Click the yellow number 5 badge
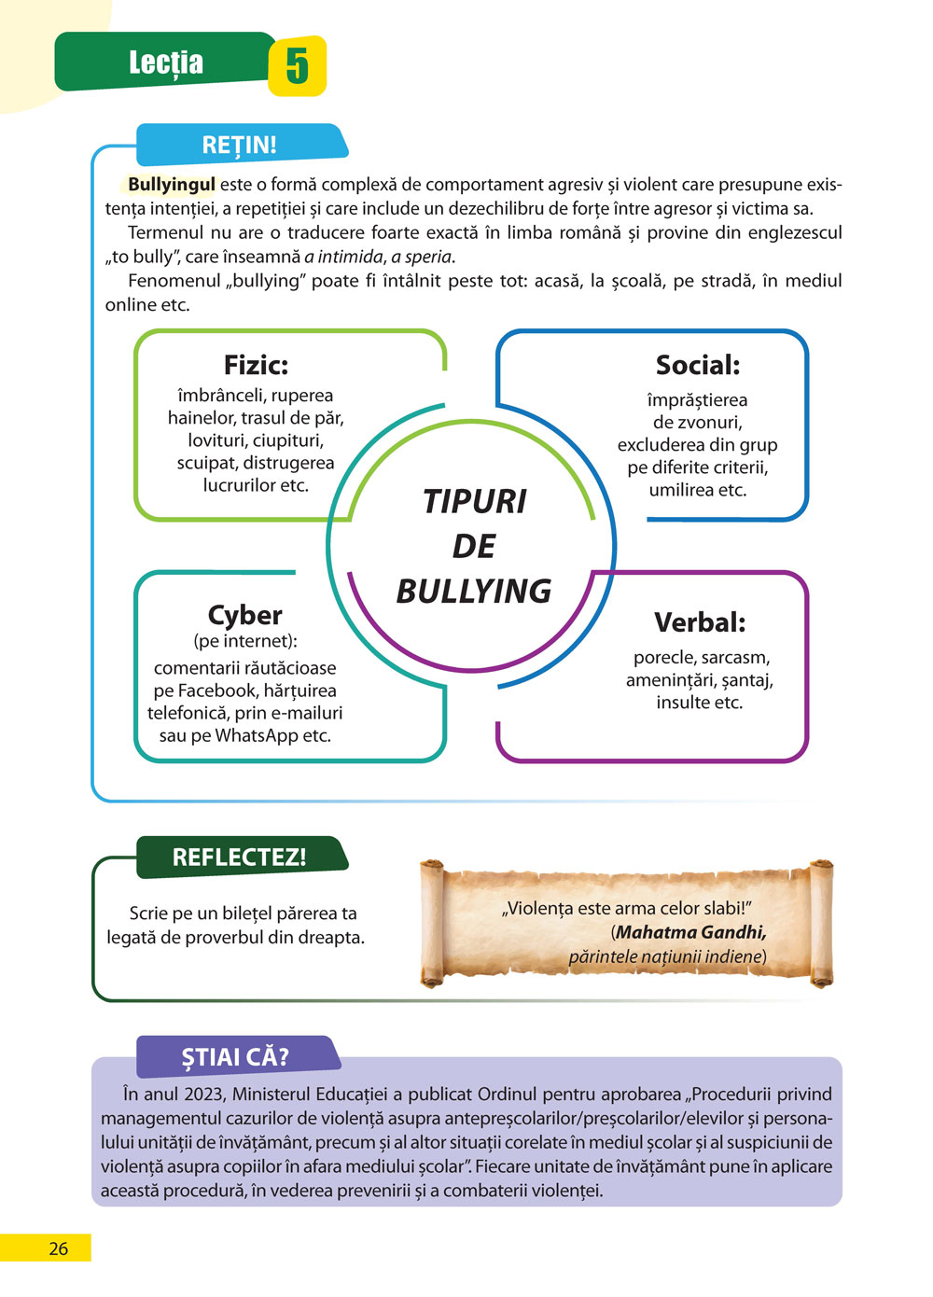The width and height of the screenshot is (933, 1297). pyautogui.click(x=297, y=66)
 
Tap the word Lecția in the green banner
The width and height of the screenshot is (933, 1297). pyautogui.click(x=166, y=63)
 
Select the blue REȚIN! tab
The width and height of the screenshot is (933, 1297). pyautogui.click(x=240, y=145)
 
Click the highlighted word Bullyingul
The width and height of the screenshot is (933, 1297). pyautogui.click(x=172, y=185)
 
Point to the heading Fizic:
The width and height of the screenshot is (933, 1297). pyautogui.click(x=256, y=365)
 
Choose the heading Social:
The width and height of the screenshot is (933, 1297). pyautogui.click(x=697, y=365)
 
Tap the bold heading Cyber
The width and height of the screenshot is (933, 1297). pyautogui.click(x=244, y=615)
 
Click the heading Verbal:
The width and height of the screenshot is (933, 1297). pyautogui.click(x=700, y=621)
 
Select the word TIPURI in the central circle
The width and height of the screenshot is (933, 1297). pyautogui.click(x=474, y=501)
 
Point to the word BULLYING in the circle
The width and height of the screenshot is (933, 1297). pyautogui.click(x=474, y=591)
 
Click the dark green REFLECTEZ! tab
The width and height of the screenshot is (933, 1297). pyautogui.click(x=240, y=858)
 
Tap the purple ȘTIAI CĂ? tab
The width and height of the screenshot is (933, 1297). pyautogui.click(x=235, y=1057)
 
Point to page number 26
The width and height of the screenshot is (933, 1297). pyautogui.click(x=58, y=1248)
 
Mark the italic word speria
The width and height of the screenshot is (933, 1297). pyautogui.click(x=428, y=257)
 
